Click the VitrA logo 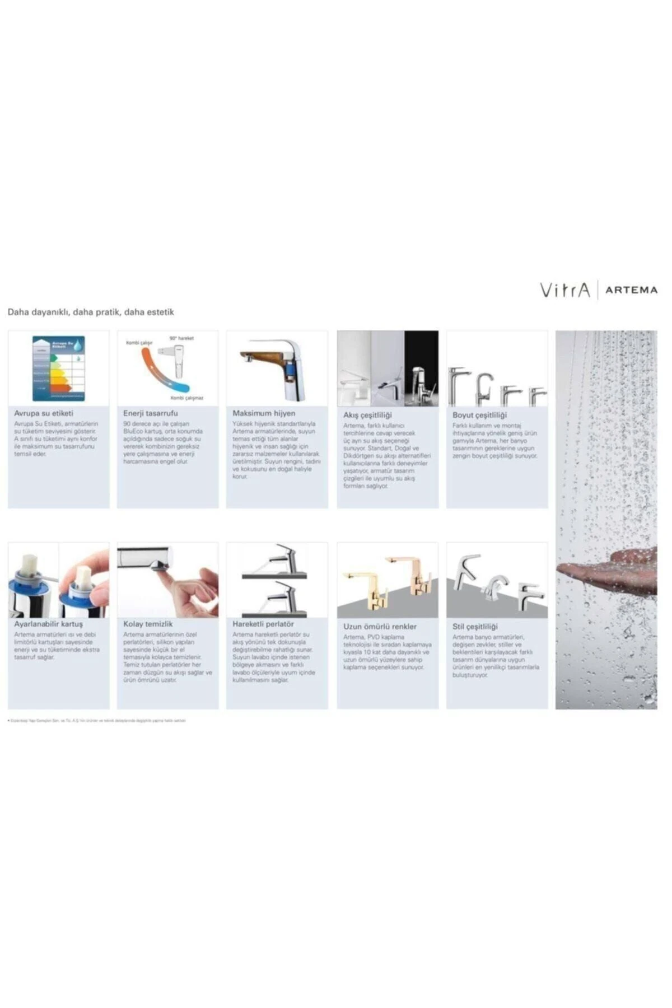tap(564, 290)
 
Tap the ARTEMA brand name tap(631, 290)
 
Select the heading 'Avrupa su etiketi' tap(44, 413)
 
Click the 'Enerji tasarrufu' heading tap(151, 413)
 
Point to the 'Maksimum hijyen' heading tap(264, 413)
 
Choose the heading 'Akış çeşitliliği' tap(367, 415)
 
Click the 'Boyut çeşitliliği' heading tap(479, 415)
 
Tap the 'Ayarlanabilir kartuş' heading tap(48, 624)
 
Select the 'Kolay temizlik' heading tap(148, 624)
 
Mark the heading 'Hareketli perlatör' tap(263, 624)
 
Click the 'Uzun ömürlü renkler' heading tap(380, 627)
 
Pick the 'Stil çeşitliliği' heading tap(475, 627)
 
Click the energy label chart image tap(58, 368)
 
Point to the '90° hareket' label tap(181, 339)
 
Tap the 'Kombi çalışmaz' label tap(187, 398)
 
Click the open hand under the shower tap(610, 571)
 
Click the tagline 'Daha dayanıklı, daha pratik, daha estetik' tap(91, 312)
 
